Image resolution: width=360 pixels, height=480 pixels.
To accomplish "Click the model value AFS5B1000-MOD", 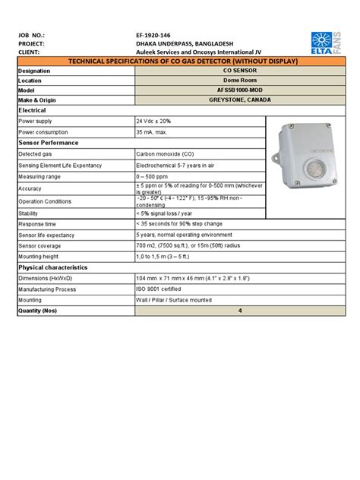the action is (239, 88).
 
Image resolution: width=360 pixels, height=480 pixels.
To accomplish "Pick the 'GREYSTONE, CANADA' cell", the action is (239, 99).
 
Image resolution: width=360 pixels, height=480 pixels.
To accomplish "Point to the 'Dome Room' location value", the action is (239, 78).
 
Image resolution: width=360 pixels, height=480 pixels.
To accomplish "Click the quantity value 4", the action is (240, 311).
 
